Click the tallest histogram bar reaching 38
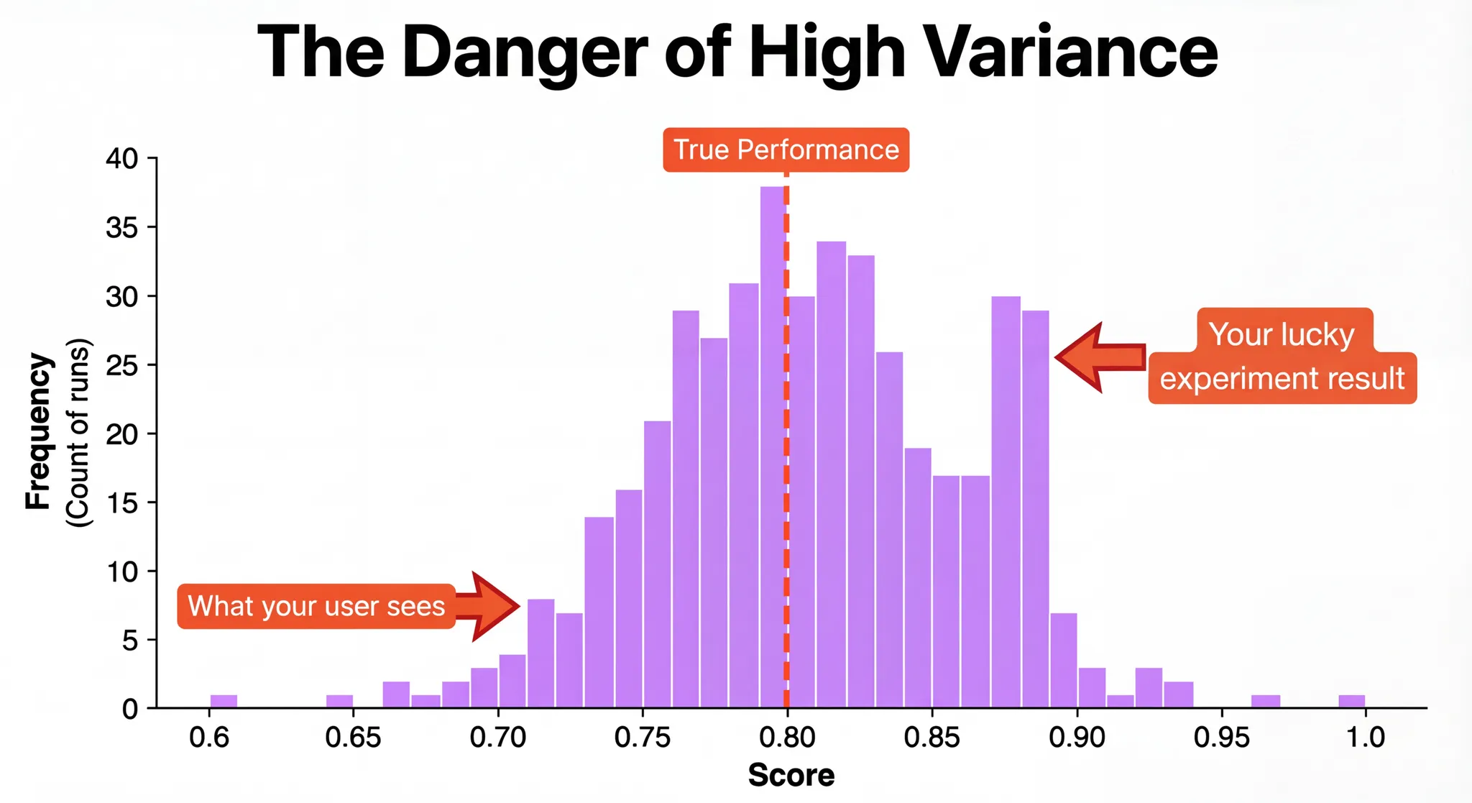point(772,446)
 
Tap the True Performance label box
point(786,150)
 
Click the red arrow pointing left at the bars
point(1100,357)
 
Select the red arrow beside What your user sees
point(489,606)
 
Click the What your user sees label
point(316,607)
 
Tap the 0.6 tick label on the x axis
point(209,737)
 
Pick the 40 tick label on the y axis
point(122,158)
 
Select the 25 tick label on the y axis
point(122,365)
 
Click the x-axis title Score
point(791,775)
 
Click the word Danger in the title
point(525,52)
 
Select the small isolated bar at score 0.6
point(224,701)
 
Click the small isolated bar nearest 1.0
point(1351,701)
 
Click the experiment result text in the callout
point(1282,379)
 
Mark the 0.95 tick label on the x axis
point(1221,737)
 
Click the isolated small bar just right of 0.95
point(1265,701)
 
